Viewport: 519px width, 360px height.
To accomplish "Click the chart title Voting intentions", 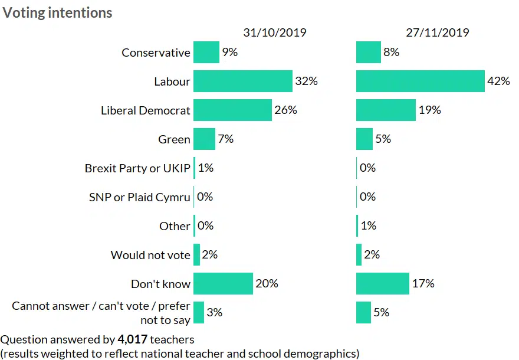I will tap(58, 12).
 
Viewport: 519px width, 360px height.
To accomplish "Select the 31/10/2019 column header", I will tap(275, 32).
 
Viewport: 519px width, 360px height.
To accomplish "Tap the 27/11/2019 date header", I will tap(438, 32).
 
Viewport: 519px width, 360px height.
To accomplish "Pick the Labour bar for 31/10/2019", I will tap(242, 81).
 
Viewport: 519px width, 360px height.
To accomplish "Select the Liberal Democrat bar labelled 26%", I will tap(232, 110).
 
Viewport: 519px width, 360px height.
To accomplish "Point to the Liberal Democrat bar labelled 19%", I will tap(386, 110).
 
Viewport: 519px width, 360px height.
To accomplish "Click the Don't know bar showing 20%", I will tap(223, 284).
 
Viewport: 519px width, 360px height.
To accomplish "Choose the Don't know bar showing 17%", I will tap(382, 284).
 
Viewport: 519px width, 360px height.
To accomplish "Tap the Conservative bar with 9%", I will tap(206, 53).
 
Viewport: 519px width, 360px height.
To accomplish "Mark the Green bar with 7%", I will tap(204, 139).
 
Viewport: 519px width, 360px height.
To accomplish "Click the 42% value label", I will tap(498, 81).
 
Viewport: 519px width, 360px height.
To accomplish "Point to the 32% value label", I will tap(306, 81).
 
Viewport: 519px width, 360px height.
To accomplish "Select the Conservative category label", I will tap(156, 53).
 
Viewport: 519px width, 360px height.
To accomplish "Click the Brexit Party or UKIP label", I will tap(137, 168).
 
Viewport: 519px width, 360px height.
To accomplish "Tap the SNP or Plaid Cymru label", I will tap(139, 197).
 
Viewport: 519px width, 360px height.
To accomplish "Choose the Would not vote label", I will tap(150, 255).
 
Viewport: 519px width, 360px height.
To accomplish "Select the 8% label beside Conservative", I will tap(391, 53).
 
